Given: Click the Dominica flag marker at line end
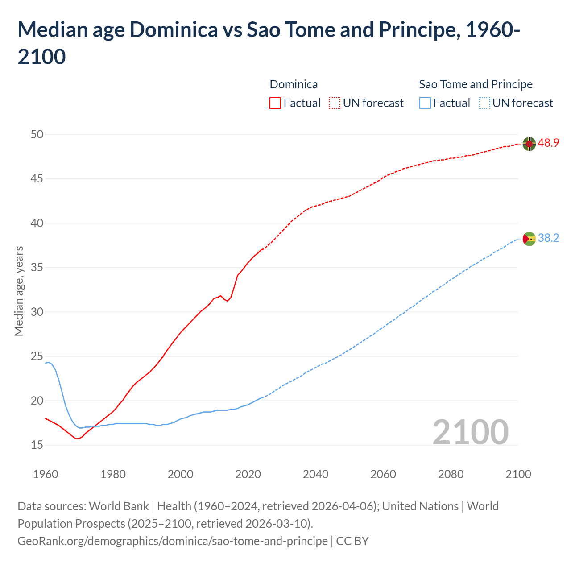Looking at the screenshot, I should click(529, 144).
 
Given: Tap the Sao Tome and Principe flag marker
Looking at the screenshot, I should click(529, 239).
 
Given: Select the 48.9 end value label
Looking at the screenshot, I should click(548, 143).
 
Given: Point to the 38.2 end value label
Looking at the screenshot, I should click(548, 238).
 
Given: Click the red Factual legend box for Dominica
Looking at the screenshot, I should click(275, 103).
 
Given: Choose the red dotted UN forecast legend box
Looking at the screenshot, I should click(335, 103).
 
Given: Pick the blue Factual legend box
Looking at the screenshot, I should click(425, 103).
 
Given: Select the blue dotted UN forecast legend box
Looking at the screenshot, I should click(484, 103).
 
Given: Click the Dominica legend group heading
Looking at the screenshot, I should click(294, 84).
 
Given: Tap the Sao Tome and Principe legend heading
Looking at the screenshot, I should click(476, 84).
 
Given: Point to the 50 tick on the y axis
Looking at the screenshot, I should click(37, 134).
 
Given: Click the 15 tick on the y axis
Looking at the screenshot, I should click(37, 445).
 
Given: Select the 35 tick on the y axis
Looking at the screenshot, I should click(37, 268).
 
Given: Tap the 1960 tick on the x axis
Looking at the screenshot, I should click(46, 474).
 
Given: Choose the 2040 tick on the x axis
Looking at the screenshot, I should click(315, 474).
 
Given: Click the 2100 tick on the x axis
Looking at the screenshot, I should click(518, 474).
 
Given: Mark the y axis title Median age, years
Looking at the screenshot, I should click(19, 291).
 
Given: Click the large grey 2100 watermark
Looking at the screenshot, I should click(470, 432).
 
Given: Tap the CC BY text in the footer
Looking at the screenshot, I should click(352, 541).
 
